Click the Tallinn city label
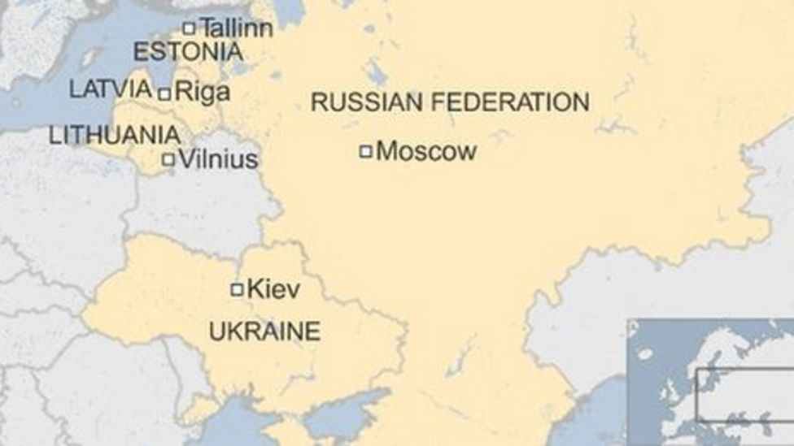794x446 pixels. pos(236,27)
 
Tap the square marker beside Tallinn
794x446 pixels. pos(189,28)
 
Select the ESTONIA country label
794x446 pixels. pos(188,53)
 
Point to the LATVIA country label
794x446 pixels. pos(111,89)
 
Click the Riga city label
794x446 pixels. pos(203,93)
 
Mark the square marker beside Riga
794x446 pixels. pos(164,94)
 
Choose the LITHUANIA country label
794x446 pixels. pos(115,135)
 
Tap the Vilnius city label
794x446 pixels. pos(218,159)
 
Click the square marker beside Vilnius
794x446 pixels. pos(168,160)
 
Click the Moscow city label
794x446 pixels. pos(426,151)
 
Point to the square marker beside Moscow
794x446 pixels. pos(366,150)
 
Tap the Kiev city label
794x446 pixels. pos(273,288)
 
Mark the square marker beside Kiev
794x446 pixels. pos(237,289)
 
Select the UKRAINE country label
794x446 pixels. pos(264,331)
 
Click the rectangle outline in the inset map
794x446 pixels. pos(744,395)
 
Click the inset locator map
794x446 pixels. pos(710,382)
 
